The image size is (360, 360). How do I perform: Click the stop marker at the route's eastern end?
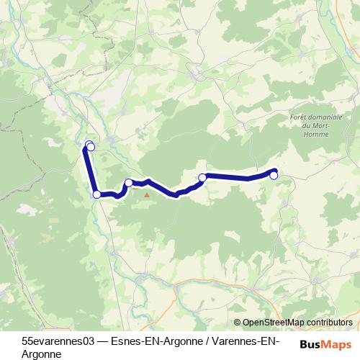[x=274, y=175]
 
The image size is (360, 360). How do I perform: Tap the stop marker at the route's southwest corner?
[x=96, y=194]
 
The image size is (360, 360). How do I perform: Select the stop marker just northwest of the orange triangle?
[x=129, y=183]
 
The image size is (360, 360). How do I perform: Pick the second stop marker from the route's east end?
[x=203, y=177]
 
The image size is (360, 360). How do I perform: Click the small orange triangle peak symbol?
[x=147, y=194]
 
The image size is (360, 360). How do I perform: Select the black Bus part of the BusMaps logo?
[x=311, y=344]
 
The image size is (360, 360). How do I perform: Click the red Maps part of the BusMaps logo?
[x=339, y=344]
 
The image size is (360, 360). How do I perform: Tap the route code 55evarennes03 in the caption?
[x=57, y=339]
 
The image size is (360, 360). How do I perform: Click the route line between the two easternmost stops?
[x=238, y=177]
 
